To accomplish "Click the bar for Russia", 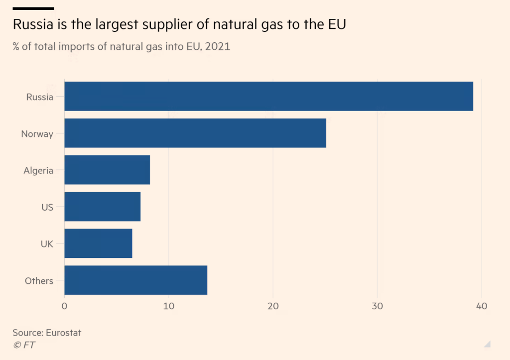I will (268, 96).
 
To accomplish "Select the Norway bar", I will (195, 133).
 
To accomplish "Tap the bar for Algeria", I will (107, 170).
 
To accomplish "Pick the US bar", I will (102, 207).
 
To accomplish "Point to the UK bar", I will (98, 243).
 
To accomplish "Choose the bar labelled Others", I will (135, 280).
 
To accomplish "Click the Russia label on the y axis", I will (40, 97).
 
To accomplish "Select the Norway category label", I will (37, 134).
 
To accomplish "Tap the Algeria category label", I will (38, 171).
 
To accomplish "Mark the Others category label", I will (39, 281).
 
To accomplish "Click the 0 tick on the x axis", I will (65, 306).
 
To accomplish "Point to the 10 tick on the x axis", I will (169, 306).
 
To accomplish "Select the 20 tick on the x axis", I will (273, 306).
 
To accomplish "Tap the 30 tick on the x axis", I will (377, 306).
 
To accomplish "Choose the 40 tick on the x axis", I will (481, 306).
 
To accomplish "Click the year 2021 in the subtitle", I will (218, 47).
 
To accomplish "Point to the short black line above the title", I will (33, 8).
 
